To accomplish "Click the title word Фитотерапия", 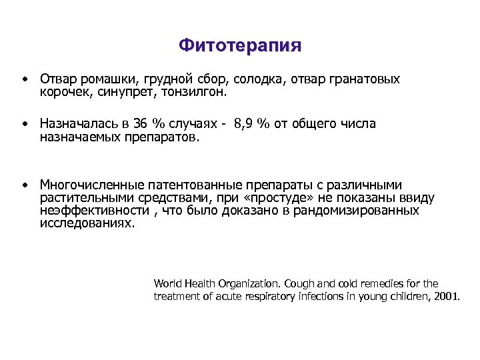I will coord(240,46).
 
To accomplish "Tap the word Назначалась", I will coord(79,124).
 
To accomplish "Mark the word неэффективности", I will coord(94,211).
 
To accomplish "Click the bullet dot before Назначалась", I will coord(24,124).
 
